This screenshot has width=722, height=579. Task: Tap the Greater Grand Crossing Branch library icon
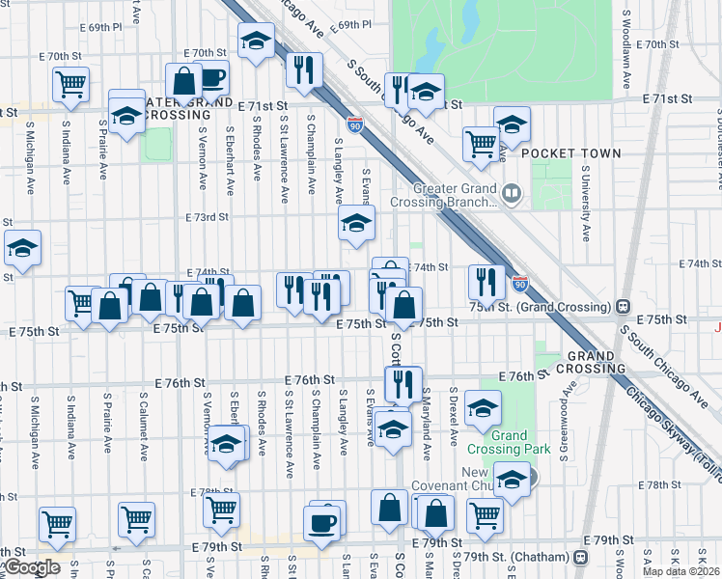(513, 196)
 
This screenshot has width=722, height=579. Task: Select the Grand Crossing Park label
(522, 442)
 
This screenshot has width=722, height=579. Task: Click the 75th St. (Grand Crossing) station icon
(624, 306)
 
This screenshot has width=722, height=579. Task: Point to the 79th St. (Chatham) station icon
(579, 557)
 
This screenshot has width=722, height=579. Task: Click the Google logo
(31, 567)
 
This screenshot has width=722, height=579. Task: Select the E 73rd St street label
(207, 217)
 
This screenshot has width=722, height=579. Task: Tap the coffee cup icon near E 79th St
(323, 522)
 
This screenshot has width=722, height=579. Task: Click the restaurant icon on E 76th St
(403, 383)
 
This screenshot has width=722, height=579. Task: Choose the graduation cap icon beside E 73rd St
(356, 223)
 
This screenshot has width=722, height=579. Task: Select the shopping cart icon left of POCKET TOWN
(481, 144)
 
